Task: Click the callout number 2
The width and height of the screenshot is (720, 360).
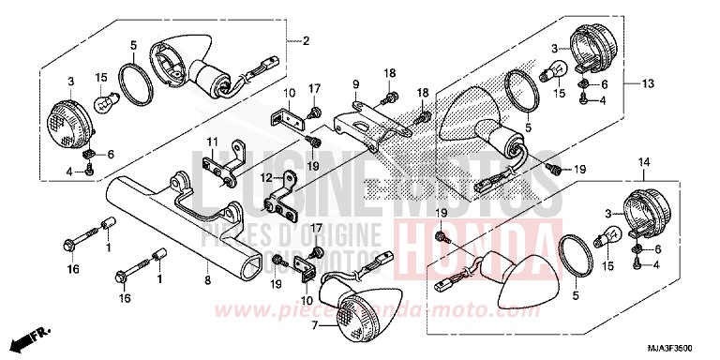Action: click(x=305, y=40)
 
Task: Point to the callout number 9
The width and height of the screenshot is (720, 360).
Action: click(x=356, y=83)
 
